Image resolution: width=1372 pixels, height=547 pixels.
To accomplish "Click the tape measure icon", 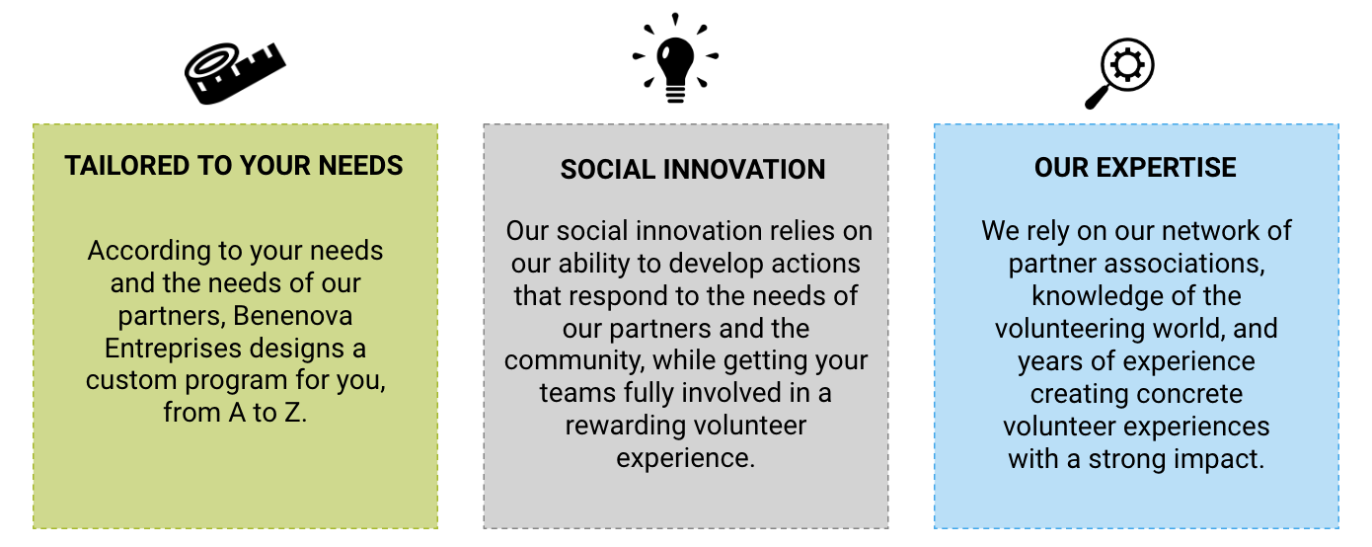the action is [235, 73].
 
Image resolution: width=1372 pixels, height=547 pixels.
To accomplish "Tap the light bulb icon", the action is [675, 57].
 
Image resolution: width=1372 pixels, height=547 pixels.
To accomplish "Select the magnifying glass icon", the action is [1119, 73].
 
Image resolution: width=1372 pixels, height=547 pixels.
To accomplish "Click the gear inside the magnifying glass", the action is [1127, 65].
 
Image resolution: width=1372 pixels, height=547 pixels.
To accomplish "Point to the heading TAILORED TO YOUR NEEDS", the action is [234, 166].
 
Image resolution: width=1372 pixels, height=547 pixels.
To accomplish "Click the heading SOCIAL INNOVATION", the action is [693, 170].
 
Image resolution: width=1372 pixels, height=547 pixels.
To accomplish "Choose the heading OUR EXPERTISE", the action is [1135, 167].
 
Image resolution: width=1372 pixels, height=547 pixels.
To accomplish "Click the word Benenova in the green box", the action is [293, 316].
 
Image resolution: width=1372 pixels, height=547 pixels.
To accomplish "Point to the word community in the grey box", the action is [574, 361].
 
